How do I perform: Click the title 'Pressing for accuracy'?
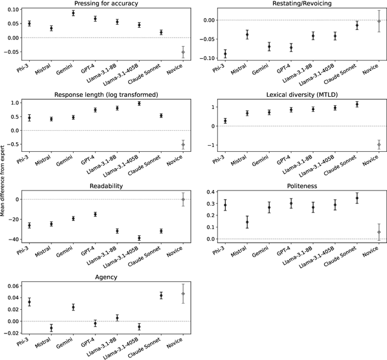[x=106, y=4]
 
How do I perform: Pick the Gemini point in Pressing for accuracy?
[x=73, y=13]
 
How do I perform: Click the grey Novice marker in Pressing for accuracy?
[x=183, y=52]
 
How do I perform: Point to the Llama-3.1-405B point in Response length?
[x=139, y=103]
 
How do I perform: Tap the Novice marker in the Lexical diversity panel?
[x=379, y=145]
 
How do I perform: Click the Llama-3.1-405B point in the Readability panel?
[x=139, y=238]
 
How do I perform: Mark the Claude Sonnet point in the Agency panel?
[x=161, y=295]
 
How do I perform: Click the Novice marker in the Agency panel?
[x=183, y=293]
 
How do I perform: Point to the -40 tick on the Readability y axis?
[x=15, y=239]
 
